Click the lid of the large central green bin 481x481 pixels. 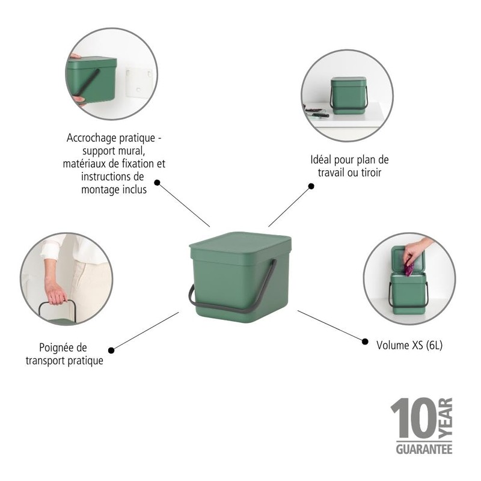[x=240, y=242]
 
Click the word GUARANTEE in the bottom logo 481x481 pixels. [x=424, y=449]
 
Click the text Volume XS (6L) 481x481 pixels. [x=409, y=346]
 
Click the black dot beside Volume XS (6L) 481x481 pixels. [x=365, y=341]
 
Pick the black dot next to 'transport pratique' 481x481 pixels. [x=111, y=350]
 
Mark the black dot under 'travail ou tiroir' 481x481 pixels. [x=311, y=186]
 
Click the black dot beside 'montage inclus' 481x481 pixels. [x=158, y=182]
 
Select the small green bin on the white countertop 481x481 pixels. [x=348, y=95]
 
